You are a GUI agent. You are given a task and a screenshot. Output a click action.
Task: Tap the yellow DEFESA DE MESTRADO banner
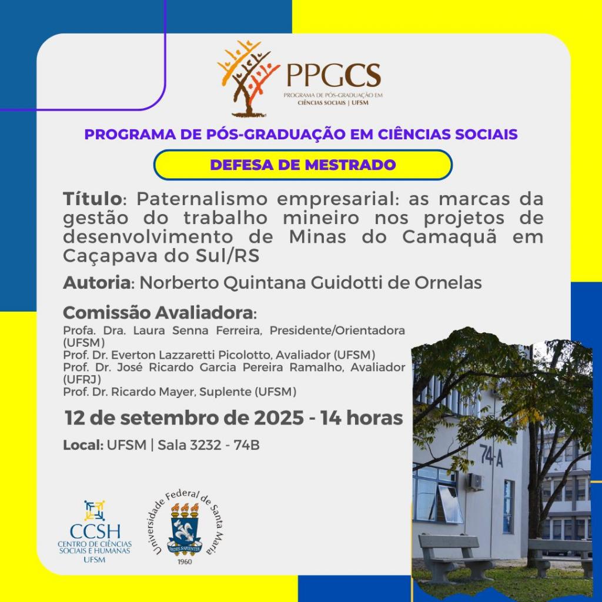(x=303, y=165)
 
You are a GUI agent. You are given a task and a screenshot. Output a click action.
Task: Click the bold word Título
(x=92, y=199)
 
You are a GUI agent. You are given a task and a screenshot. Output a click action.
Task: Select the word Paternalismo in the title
(x=202, y=199)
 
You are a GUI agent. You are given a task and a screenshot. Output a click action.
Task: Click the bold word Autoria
(x=97, y=283)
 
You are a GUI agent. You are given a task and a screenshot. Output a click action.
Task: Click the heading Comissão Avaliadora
(x=159, y=313)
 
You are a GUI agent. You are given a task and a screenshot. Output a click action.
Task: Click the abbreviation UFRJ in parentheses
(x=82, y=379)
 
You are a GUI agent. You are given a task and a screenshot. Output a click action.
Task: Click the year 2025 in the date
(x=279, y=418)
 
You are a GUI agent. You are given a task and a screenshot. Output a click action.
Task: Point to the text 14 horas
(x=362, y=418)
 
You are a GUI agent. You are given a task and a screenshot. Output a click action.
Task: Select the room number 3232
(x=206, y=446)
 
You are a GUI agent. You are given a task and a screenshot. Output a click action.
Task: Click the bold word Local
(x=83, y=446)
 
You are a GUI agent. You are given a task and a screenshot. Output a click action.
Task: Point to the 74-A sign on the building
(x=491, y=459)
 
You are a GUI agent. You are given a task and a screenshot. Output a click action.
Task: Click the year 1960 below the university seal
(x=185, y=561)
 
